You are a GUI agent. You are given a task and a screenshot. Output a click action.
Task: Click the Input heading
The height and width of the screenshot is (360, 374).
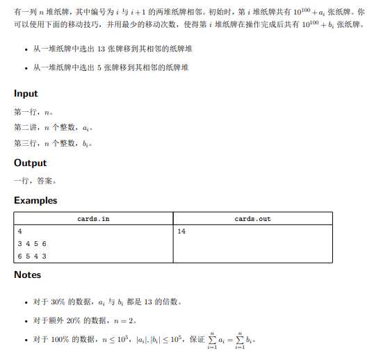(x=26, y=94)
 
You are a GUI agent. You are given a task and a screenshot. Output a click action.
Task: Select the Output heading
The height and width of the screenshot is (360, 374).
(x=30, y=163)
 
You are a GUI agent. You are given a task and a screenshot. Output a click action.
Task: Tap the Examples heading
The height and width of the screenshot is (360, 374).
(x=35, y=200)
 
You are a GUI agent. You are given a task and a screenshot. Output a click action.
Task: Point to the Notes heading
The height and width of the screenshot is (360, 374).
(x=27, y=275)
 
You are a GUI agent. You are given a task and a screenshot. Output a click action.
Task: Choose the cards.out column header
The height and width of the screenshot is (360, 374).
(x=252, y=219)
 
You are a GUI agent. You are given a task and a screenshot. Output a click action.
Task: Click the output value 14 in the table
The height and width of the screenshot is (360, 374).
(x=181, y=231)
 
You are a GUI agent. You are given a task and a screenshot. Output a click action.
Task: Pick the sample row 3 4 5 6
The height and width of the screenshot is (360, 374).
(x=32, y=244)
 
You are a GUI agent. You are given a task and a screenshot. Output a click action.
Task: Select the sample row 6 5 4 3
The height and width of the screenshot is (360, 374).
(x=32, y=256)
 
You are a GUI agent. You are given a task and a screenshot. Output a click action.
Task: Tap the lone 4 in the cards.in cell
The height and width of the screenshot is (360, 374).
(x=19, y=231)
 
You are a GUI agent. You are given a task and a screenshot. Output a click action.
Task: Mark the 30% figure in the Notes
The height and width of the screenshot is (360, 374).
(x=57, y=302)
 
